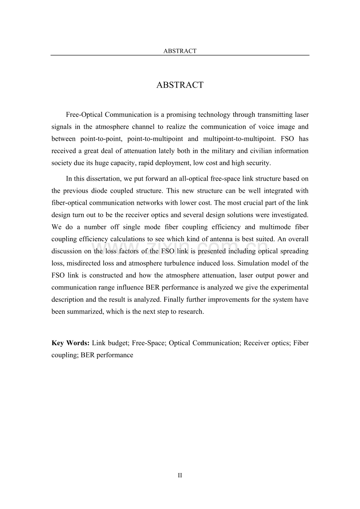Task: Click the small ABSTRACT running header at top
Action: [x=180, y=51]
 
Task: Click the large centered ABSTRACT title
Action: [x=180, y=85]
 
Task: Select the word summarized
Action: [x=85, y=312]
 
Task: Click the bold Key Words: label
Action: [x=70, y=343]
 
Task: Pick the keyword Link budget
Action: [x=110, y=343]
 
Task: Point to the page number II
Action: [x=180, y=476]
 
